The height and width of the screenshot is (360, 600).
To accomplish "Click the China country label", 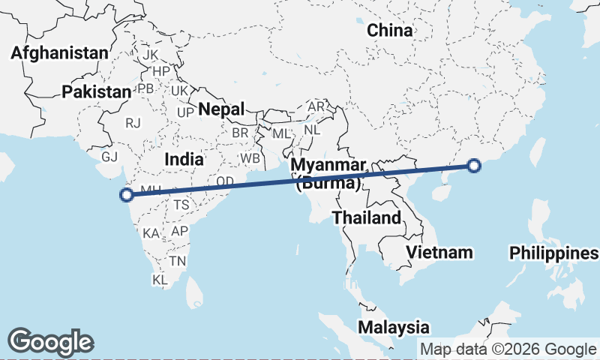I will tap(390, 31).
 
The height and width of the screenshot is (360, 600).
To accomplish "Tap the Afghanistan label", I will tap(61, 53).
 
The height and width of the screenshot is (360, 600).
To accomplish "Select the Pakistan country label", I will tap(97, 91).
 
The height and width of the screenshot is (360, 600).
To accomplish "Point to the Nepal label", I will tap(221, 109).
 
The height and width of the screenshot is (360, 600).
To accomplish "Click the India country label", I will tap(184, 159).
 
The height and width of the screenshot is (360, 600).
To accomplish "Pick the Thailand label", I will tap(367, 218).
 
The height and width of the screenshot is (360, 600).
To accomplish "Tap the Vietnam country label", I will tap(440, 252).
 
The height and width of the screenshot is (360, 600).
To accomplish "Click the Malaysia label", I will tap(394, 328).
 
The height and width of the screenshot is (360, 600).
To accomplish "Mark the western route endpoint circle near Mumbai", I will tap(127, 195).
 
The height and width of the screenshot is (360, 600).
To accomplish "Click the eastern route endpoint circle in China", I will tap(474, 166).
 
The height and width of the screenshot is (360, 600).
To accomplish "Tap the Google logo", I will tap(50, 342).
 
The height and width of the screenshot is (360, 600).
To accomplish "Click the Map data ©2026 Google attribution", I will tap(508, 349).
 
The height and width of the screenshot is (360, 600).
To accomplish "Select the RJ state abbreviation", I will tap(133, 123).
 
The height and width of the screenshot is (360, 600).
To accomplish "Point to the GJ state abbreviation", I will tap(110, 157).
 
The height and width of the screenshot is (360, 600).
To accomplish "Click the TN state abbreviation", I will tap(178, 261).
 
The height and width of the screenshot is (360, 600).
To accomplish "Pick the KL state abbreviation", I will tap(160, 280).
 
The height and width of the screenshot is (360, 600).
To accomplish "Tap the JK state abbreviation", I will tap(151, 55).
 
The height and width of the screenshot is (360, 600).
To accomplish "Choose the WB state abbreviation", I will tap(250, 159).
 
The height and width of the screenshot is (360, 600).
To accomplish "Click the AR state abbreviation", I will tap(316, 107).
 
